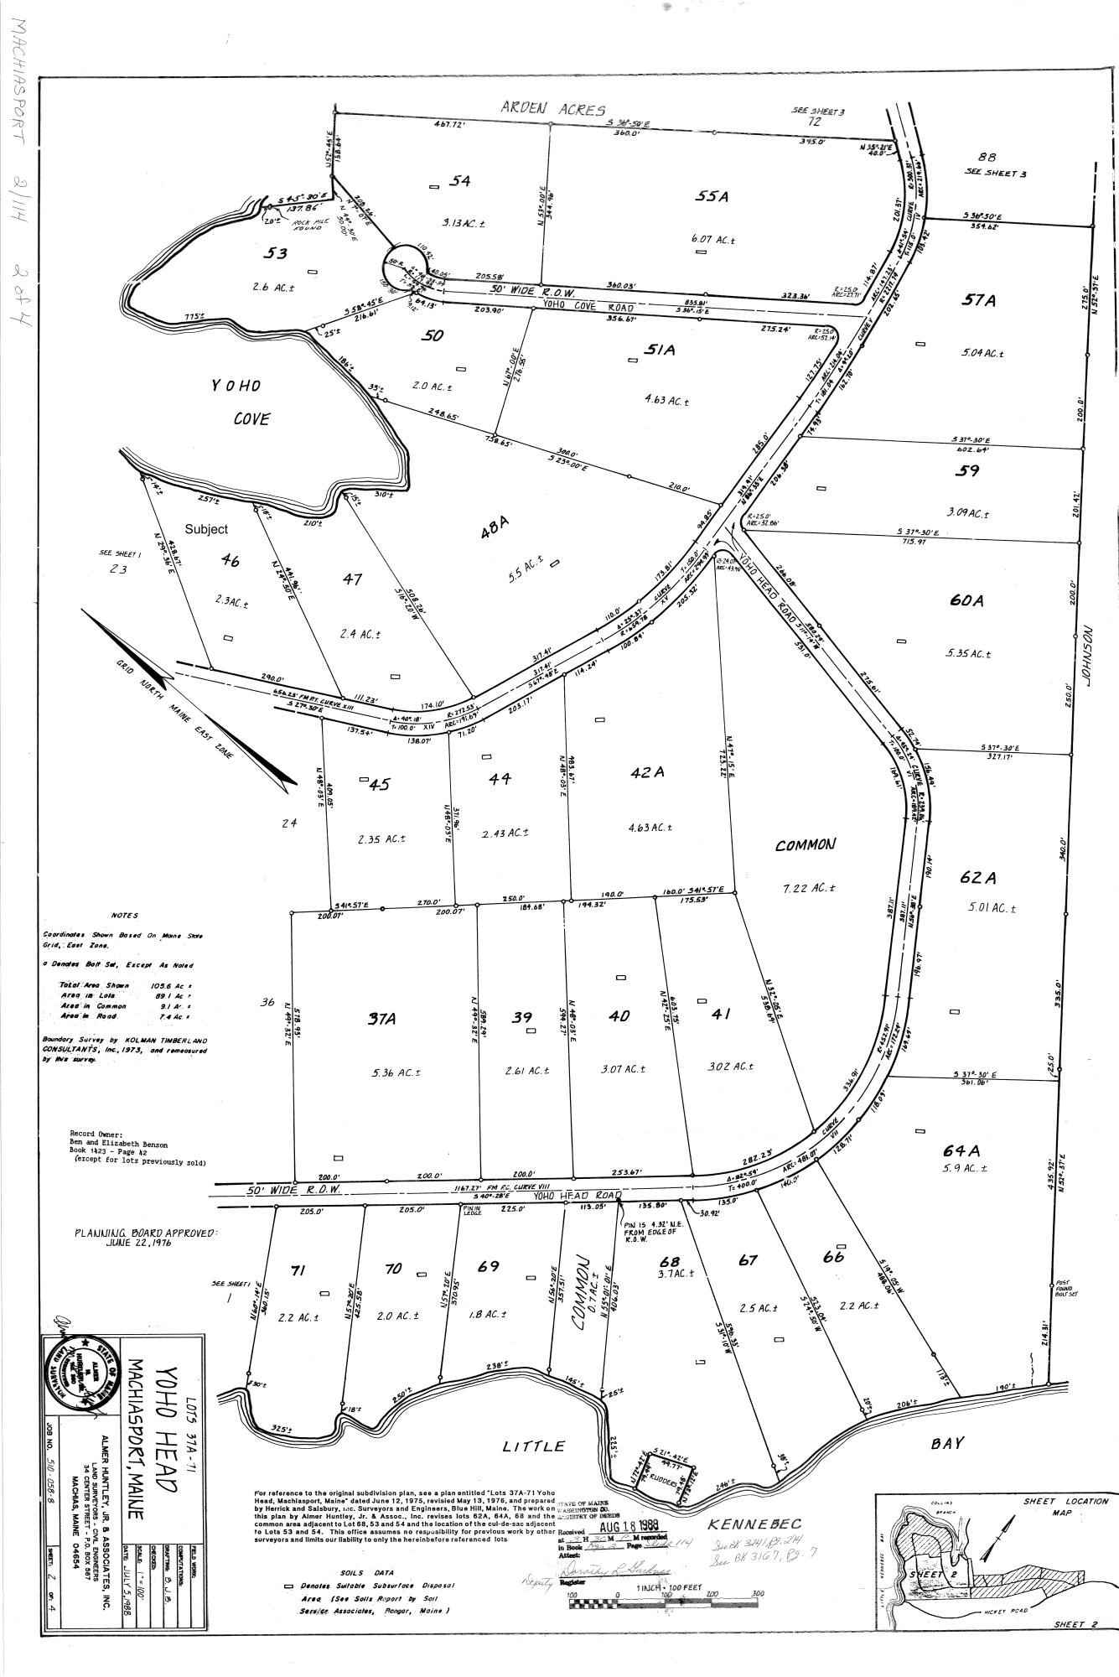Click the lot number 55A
pyautogui.click(x=712, y=196)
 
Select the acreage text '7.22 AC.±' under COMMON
pyautogui.click(x=806, y=888)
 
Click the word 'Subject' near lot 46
pyautogui.click(x=206, y=530)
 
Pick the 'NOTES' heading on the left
pyautogui.click(x=124, y=916)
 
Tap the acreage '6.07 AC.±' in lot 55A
pyautogui.click(x=713, y=239)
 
